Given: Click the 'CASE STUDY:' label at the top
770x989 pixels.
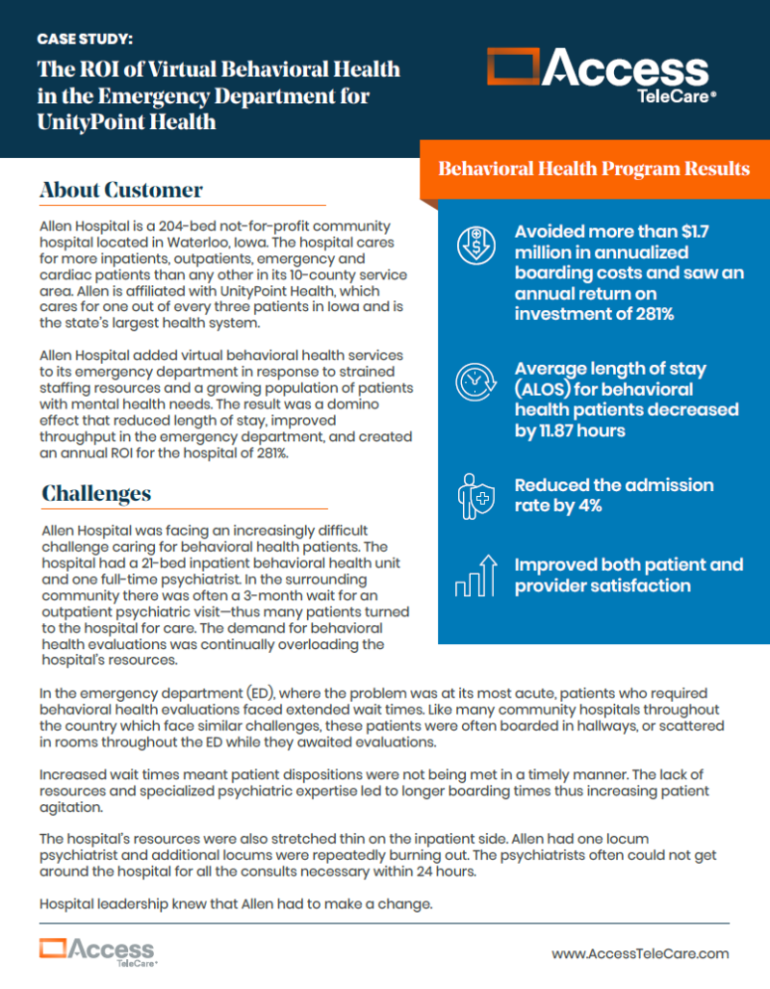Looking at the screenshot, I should tap(85, 39).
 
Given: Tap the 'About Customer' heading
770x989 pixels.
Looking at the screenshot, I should tap(121, 190).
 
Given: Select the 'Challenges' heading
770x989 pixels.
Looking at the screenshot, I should tap(96, 493).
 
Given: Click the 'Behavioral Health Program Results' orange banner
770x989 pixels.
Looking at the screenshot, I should tap(594, 169).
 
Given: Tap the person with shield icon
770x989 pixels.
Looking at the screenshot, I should tap(474, 495).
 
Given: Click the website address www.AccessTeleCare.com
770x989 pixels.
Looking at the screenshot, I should tap(640, 952).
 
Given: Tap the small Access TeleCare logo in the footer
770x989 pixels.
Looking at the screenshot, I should tap(97, 950).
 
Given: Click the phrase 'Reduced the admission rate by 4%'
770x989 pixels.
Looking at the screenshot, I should tap(613, 495).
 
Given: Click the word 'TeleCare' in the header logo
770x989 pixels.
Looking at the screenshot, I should tap(654, 95).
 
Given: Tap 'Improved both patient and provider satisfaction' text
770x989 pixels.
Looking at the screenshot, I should tap(628, 575).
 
